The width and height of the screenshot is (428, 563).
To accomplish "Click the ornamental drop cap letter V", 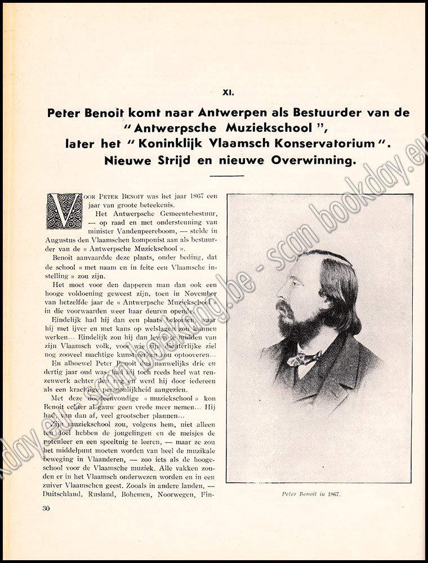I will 64,211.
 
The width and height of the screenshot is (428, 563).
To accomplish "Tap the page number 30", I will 47,509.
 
